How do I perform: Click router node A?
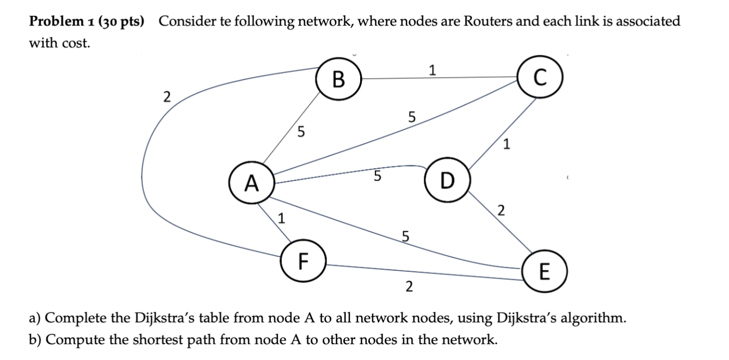click(251, 184)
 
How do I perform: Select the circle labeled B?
click(338, 80)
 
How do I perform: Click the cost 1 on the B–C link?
click(433, 70)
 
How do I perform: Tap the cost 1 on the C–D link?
click(507, 145)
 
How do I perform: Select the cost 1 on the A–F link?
click(281, 219)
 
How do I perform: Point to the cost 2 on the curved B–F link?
click(166, 98)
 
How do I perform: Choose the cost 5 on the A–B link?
click(301, 131)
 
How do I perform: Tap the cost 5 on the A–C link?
click(411, 116)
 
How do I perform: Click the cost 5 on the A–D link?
click(377, 176)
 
